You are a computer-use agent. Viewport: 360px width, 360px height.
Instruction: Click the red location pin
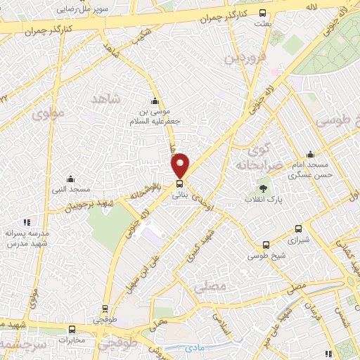(181, 165)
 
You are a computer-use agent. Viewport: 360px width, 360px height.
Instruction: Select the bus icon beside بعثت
(263, 13)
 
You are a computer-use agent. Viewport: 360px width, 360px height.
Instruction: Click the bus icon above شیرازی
(298, 229)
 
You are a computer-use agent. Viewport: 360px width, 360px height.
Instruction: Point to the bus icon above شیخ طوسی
(266, 245)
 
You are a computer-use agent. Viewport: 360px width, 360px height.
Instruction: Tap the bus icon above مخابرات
(72, 329)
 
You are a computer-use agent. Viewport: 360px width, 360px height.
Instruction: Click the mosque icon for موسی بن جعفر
(155, 101)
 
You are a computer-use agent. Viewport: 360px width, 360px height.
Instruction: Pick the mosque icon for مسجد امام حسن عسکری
(310, 155)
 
